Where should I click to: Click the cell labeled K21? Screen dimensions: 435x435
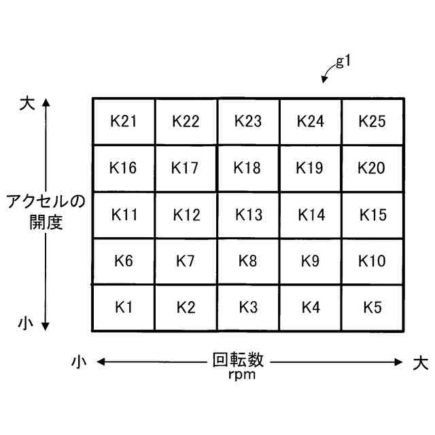[x=124, y=122]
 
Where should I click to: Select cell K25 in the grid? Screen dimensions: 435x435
[x=372, y=122]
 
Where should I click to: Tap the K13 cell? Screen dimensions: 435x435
[x=248, y=215]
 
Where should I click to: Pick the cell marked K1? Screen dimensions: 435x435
[x=124, y=307]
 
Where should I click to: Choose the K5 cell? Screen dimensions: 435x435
[x=372, y=307]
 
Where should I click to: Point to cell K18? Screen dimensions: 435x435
[x=248, y=168]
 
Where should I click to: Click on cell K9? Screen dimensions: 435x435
[x=311, y=261]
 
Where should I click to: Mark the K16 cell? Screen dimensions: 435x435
[x=124, y=168]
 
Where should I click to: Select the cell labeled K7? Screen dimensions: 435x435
[x=186, y=261]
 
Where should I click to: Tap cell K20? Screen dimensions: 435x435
[x=372, y=168]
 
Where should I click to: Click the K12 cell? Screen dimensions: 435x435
[x=186, y=215]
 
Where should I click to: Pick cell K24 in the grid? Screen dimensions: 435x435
[x=311, y=122]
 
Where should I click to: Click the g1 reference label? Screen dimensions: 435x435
[x=343, y=62]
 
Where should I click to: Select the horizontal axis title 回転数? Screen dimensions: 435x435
[x=237, y=360]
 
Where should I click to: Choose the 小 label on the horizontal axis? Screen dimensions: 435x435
[x=80, y=362]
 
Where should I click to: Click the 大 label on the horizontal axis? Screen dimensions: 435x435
[x=420, y=362]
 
